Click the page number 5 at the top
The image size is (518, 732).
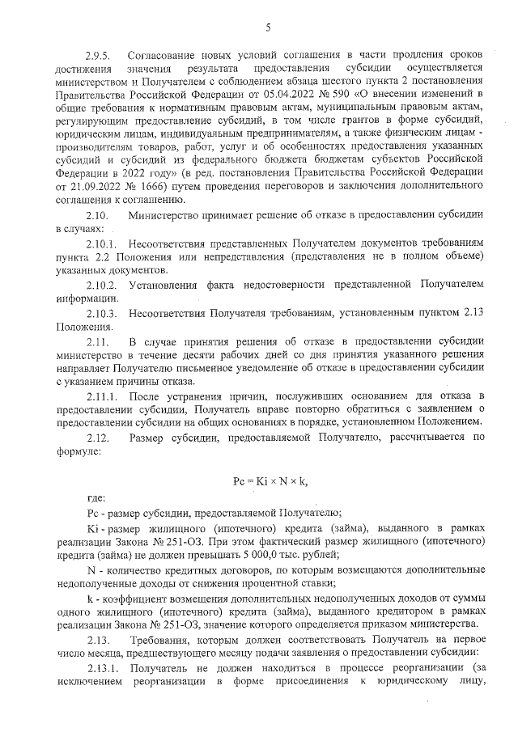[x=267, y=29]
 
